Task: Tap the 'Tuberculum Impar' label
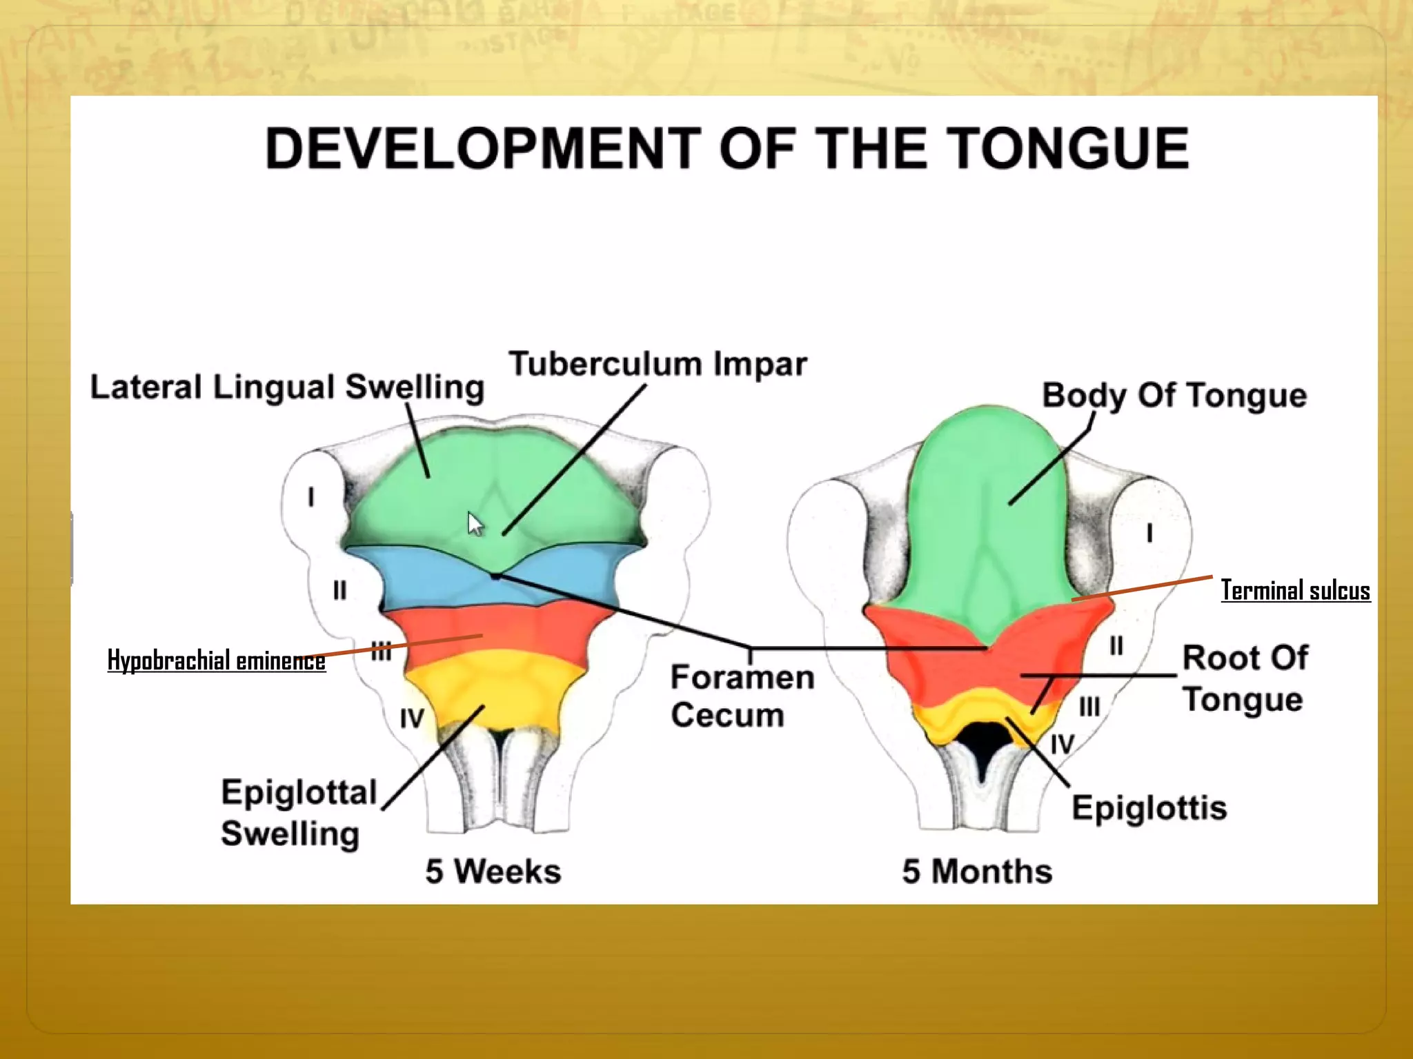click(x=658, y=364)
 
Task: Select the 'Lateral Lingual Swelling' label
click(x=287, y=387)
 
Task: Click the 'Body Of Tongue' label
click(x=1174, y=396)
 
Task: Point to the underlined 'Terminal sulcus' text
click(x=1295, y=591)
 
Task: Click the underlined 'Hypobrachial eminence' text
click(x=216, y=660)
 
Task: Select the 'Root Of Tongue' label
click(x=1244, y=678)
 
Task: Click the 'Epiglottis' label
click(x=1149, y=807)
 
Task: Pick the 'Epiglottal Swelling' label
click(x=298, y=813)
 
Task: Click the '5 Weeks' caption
click(x=493, y=871)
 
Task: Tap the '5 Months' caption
click(x=977, y=871)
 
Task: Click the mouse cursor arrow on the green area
click(x=475, y=523)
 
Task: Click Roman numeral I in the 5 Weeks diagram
click(x=311, y=496)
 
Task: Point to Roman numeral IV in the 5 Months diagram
click(x=1062, y=745)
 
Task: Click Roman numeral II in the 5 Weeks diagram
click(x=339, y=591)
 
